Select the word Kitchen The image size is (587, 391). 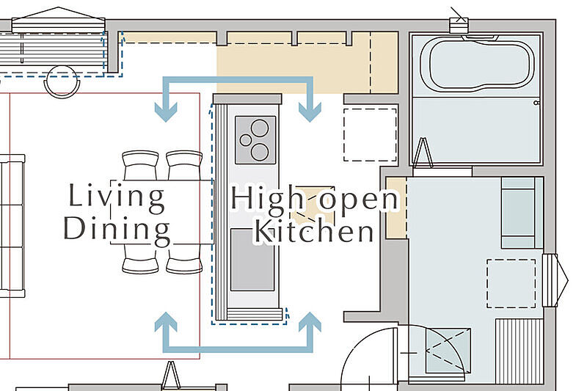pyautogui.click(x=315, y=233)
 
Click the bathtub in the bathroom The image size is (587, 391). pyautogui.click(x=477, y=62)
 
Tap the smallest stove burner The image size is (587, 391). pyautogui.click(x=246, y=140)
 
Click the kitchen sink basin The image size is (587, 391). pyautogui.click(x=252, y=260)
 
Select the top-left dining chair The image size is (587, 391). pyautogui.click(x=140, y=165)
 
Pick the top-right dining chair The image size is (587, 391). pyautogui.click(x=184, y=165)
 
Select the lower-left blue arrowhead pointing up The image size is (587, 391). pyautogui.click(x=166, y=322)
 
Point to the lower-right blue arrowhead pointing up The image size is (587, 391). pyautogui.click(x=310, y=322)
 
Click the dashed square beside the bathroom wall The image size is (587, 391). pyautogui.click(x=370, y=135)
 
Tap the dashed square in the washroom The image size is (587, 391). pyautogui.click(x=511, y=284)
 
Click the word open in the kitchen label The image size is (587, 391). pyautogui.click(x=358, y=200)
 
